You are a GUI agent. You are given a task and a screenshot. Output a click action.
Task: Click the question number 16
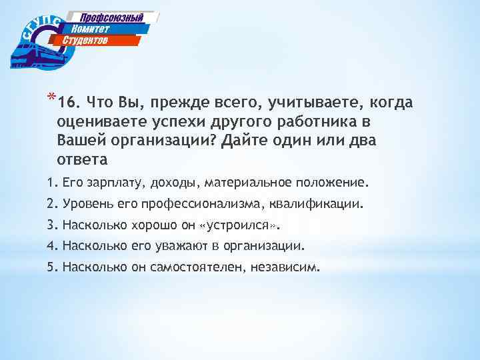point(69,103)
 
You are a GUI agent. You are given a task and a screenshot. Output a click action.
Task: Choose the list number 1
point(52,182)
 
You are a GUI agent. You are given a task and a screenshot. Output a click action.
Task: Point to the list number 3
point(52,225)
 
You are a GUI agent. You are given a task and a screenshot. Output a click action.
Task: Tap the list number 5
point(52,267)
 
